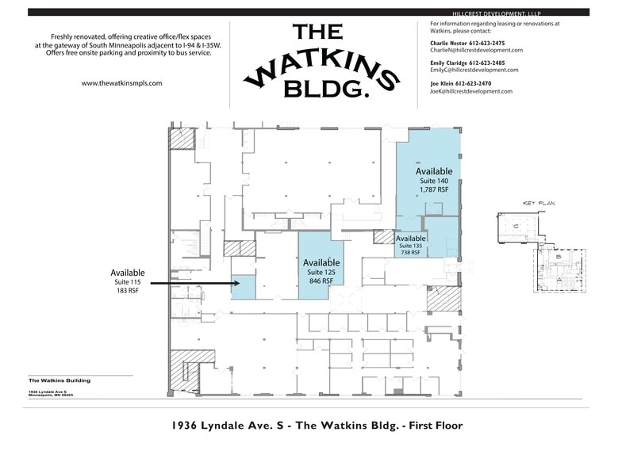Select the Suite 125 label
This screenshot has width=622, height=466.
[321, 272]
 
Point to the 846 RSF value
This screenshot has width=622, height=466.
[321, 281]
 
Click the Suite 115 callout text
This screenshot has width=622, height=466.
[128, 282]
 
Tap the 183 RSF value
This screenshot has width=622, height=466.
[128, 291]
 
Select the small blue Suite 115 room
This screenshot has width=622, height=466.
[244, 287]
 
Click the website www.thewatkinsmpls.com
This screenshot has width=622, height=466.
[122, 83]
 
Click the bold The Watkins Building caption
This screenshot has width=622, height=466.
[59, 380]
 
